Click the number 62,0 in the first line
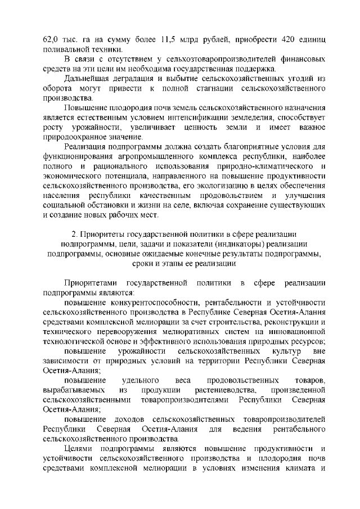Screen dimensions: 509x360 click(x=51, y=40)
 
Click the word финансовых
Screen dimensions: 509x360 click(x=296, y=60)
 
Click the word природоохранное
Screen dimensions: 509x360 click(x=77, y=137)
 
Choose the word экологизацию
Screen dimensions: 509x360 click(x=206, y=185)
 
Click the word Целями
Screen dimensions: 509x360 click(x=79, y=448)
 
